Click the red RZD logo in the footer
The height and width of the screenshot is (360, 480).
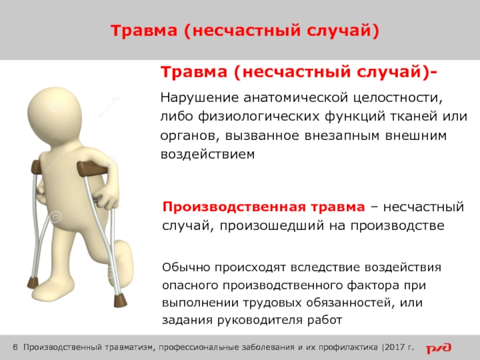(439, 348)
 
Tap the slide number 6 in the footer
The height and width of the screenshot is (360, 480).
(16, 347)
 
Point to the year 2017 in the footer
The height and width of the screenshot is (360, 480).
(395, 347)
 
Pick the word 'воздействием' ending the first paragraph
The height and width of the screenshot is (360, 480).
(208, 154)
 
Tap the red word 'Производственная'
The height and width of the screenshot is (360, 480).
(233, 207)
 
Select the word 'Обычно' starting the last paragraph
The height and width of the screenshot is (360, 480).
(186, 267)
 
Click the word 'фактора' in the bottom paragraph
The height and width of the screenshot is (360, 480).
(373, 286)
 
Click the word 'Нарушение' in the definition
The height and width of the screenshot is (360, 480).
(199, 98)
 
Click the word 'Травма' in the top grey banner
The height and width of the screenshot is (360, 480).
(144, 31)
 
